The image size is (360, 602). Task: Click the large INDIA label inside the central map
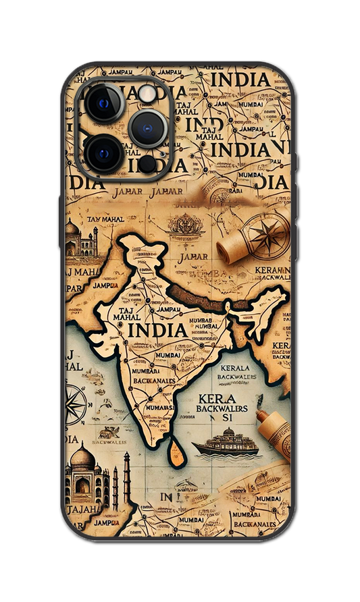[157, 330]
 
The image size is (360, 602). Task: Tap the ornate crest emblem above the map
[186, 226]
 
